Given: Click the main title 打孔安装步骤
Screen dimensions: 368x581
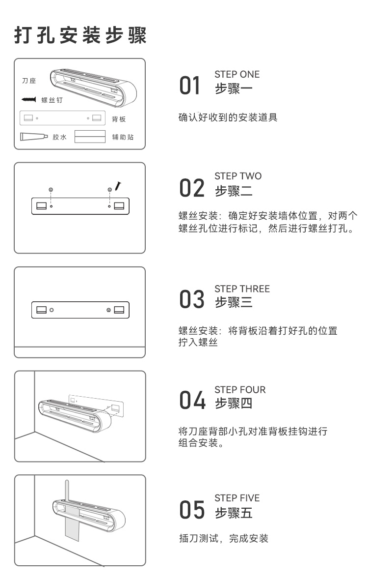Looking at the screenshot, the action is [80, 35].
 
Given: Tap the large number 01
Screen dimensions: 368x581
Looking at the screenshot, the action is [190, 86].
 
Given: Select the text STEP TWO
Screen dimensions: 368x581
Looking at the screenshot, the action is [238, 176].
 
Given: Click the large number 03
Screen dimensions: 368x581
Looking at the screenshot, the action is [191, 299].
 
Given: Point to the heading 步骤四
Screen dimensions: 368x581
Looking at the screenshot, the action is [234, 403].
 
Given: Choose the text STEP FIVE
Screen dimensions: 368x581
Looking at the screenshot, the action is [237, 498].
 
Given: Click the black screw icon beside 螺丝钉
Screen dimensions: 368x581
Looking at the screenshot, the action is [29, 99].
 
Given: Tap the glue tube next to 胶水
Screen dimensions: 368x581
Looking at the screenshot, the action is [34, 137].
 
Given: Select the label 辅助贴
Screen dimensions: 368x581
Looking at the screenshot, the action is [123, 137].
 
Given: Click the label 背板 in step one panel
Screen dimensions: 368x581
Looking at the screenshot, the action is [119, 119].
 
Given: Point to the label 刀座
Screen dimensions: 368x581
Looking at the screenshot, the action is [29, 81].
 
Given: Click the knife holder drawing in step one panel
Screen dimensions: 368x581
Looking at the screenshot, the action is [94, 87].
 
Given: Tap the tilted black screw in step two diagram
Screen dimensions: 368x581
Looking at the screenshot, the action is [118, 186].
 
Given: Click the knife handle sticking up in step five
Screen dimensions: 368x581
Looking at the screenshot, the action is [67, 491].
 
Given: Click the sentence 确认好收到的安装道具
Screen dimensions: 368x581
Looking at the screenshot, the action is [228, 117].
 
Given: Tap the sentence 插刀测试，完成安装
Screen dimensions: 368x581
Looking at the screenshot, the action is [224, 538].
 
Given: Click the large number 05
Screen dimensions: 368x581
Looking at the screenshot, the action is [192, 510].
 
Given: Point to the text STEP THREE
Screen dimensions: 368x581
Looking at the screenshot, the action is [242, 289].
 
